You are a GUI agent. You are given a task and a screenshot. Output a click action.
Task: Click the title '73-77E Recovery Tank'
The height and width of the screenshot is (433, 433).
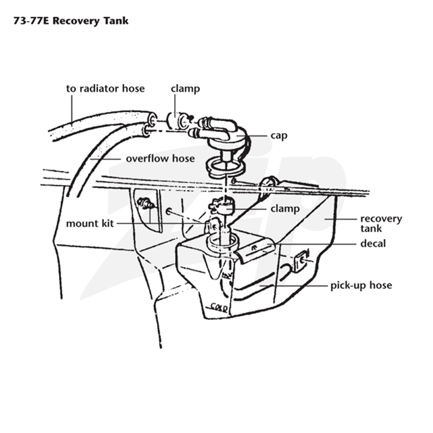coord(71,21)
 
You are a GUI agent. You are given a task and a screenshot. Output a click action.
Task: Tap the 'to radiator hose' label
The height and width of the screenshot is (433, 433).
coord(105,89)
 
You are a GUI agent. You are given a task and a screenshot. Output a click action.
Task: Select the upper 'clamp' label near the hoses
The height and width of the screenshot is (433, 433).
coord(185,89)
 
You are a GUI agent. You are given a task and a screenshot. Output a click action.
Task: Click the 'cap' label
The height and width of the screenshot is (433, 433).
coord(279,136)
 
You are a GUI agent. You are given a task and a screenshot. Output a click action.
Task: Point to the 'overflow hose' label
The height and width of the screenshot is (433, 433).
coord(160,159)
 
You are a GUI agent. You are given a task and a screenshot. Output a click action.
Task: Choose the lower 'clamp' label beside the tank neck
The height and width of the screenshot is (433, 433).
coord(285,208)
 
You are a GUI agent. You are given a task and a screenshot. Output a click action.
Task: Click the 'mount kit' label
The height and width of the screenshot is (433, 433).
coord(90,224)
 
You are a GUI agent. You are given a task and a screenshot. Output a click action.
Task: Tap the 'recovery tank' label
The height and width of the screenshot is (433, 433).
coord(381,224)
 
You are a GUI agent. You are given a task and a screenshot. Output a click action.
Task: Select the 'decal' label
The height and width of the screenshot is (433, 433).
coord(373,244)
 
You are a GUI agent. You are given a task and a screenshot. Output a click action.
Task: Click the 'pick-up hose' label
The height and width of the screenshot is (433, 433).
coord(361,285)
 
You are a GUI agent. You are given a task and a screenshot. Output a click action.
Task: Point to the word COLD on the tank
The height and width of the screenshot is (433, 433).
coord(219,307)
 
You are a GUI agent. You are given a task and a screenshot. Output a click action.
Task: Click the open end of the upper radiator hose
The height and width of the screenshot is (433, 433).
coord(152,118)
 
